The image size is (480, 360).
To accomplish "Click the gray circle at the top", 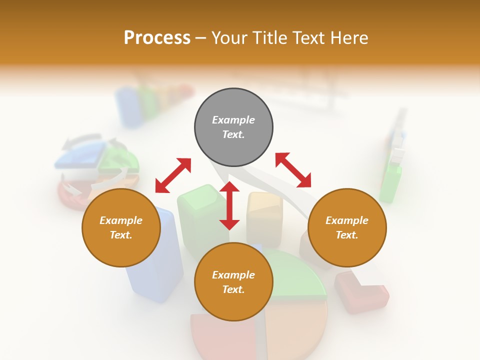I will tap(233, 127).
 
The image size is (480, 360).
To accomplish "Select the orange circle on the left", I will tap(121, 228).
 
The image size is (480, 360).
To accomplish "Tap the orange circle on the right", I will tap(347, 228).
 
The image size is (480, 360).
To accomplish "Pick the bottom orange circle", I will tap(233, 282).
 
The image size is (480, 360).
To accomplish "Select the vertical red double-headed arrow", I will tap(229, 205).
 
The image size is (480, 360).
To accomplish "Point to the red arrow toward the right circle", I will tap(293, 170).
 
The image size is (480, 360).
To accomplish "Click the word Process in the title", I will tap(157, 37).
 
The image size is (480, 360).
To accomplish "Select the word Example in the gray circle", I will tap(233, 120).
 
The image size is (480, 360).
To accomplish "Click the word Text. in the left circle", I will tap(121, 235).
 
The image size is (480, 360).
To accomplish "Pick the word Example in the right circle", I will tap(347, 220).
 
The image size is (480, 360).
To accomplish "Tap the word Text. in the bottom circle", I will tap(233, 289).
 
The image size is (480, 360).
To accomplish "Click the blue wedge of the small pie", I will tap(80, 158).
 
